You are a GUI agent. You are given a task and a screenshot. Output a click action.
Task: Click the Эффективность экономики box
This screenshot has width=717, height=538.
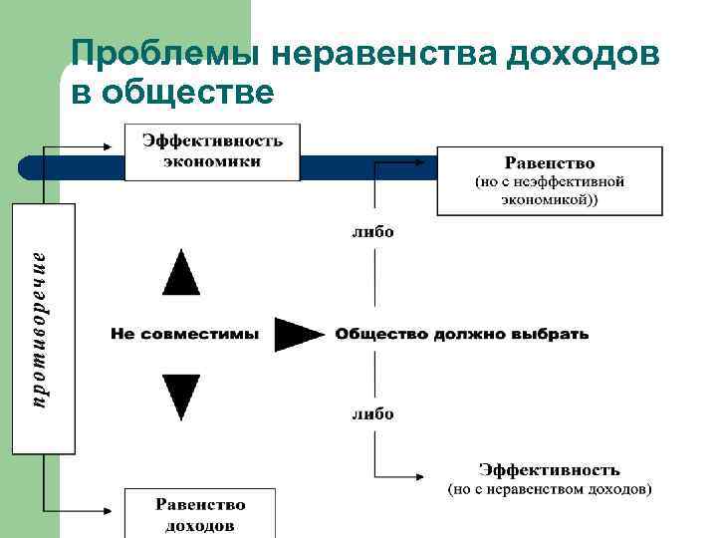[x=212, y=151]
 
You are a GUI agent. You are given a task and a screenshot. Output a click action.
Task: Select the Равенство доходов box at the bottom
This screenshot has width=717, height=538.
[x=200, y=513]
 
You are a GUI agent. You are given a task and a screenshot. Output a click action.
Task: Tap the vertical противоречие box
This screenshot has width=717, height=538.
[x=43, y=329]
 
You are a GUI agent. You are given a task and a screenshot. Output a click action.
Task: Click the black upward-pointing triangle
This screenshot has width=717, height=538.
[x=181, y=272]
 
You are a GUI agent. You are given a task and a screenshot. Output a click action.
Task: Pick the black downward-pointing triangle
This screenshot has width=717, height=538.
[x=181, y=395]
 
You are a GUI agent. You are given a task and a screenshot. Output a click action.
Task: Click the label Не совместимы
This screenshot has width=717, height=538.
[x=184, y=335]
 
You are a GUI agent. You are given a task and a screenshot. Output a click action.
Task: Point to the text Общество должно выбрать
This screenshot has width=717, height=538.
[x=462, y=335]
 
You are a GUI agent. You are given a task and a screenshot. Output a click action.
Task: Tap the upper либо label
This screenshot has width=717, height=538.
[x=372, y=232]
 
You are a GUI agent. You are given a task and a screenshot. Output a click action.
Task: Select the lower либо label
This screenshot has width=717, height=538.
[x=372, y=413]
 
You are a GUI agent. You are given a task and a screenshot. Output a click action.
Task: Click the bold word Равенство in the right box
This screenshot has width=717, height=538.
[x=549, y=162]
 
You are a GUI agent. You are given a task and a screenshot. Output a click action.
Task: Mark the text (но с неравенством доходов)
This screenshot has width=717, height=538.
[x=549, y=489]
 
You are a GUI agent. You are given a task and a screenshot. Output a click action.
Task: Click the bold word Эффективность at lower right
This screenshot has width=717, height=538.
[x=549, y=469]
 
